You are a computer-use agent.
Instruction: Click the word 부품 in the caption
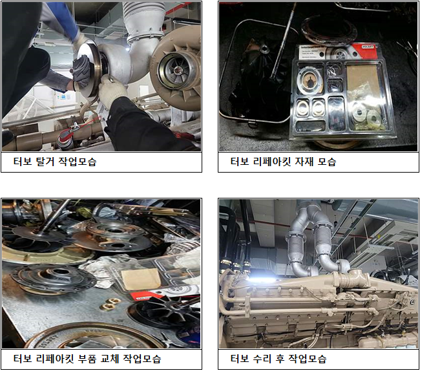pos(87,359)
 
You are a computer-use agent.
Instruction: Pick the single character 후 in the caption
pos(280,359)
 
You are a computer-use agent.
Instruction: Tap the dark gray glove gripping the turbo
pos(81,72)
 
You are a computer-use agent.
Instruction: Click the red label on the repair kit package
pos(363,52)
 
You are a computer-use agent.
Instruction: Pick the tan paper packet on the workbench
pos(141,279)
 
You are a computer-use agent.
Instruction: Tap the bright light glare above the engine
pos(262,280)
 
